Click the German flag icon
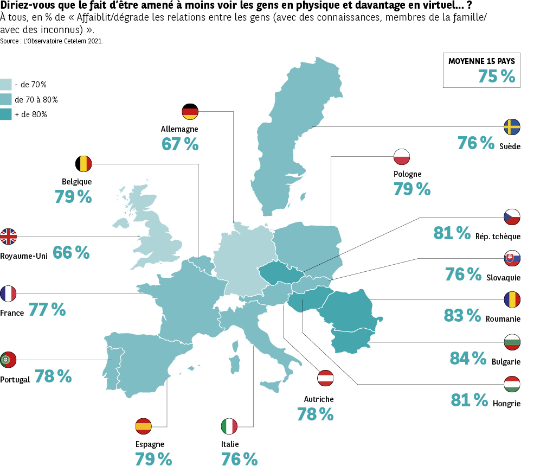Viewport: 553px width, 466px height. point(190,111)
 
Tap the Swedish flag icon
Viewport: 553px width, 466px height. point(512,127)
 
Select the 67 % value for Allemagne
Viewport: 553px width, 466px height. point(180,144)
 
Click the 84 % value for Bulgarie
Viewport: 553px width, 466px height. point(468,358)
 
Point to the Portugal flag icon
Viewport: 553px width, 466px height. point(8,360)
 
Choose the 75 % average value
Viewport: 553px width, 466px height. point(496,76)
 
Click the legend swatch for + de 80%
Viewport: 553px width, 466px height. point(6,114)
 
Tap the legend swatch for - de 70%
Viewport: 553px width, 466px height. point(6,85)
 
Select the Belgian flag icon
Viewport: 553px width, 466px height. point(83,164)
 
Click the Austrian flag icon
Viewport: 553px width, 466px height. point(325,379)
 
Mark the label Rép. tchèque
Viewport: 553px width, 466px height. point(498,236)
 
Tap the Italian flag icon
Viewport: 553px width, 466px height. point(229,426)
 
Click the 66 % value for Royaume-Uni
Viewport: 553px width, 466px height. point(71,252)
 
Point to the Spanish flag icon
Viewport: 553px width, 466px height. point(143,426)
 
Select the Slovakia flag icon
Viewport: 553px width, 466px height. point(512,259)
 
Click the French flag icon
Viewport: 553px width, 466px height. point(8,293)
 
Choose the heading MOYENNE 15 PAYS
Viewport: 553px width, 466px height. point(481,61)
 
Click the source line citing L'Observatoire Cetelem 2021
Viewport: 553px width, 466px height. point(52,41)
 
